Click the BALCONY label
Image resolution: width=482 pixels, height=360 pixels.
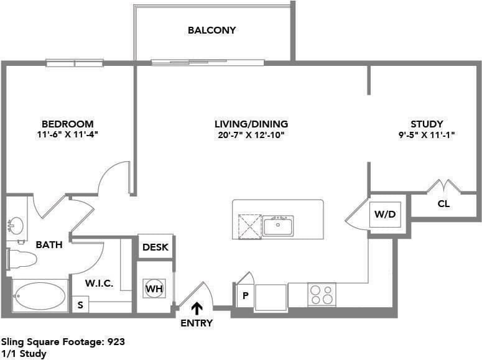pyautogui.click(x=212, y=30)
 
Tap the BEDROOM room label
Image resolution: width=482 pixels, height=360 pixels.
pyautogui.click(x=68, y=124)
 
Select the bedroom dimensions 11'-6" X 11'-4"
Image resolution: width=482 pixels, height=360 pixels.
pyautogui.click(x=68, y=134)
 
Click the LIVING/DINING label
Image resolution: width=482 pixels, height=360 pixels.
pyautogui.click(x=251, y=124)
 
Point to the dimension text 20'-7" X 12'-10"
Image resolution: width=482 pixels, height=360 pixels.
pyautogui.click(x=250, y=134)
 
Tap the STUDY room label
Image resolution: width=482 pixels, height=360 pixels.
pyautogui.click(x=427, y=124)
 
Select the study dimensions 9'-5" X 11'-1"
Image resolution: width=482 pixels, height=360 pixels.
pyautogui.click(x=427, y=134)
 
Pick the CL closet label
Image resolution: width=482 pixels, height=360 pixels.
pyautogui.click(x=444, y=203)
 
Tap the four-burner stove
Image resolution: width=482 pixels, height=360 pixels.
pyautogui.click(x=322, y=294)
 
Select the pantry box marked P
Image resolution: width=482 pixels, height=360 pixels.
pyautogui.click(x=245, y=295)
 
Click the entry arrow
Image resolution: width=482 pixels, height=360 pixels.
pyautogui.click(x=197, y=307)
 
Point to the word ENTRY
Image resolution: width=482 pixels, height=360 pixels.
pyautogui.click(x=197, y=323)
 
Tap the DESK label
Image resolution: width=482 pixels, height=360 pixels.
pyautogui.click(x=155, y=247)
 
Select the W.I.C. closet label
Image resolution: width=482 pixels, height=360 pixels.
pyautogui.click(x=99, y=283)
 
